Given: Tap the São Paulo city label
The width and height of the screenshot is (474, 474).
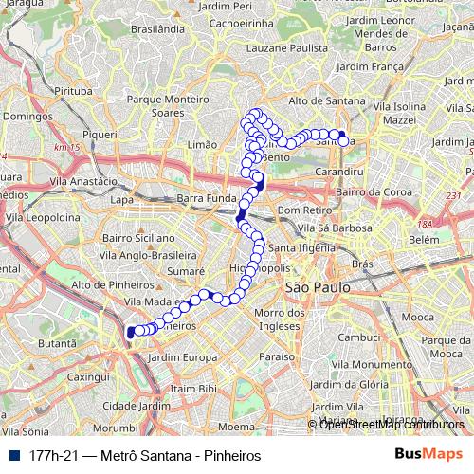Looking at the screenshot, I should (x=318, y=285).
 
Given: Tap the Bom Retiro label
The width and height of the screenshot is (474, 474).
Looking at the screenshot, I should (x=302, y=209).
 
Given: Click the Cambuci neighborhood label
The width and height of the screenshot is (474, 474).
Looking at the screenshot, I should (x=334, y=337).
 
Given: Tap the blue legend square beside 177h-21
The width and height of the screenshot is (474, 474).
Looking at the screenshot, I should (x=10, y=456).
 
